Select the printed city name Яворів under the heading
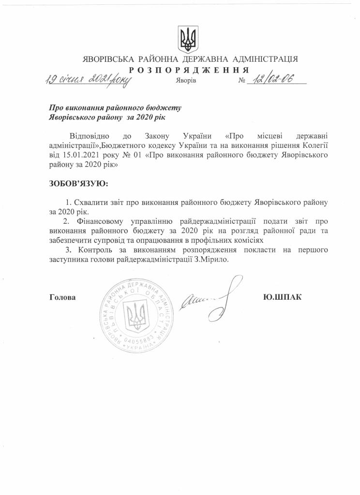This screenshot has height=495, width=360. [186, 81]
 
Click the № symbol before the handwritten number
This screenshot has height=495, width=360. [242, 81]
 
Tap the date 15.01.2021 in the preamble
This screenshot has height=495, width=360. [82, 155]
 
